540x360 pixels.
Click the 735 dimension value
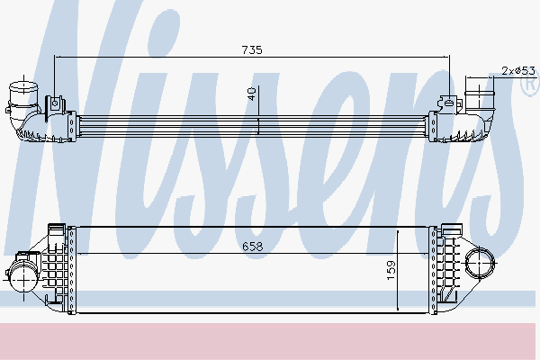(x=251, y=50)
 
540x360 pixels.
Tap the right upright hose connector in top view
(x=480, y=93)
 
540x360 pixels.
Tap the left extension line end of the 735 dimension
(x=55, y=57)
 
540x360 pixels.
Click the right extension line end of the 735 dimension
(x=449, y=57)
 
